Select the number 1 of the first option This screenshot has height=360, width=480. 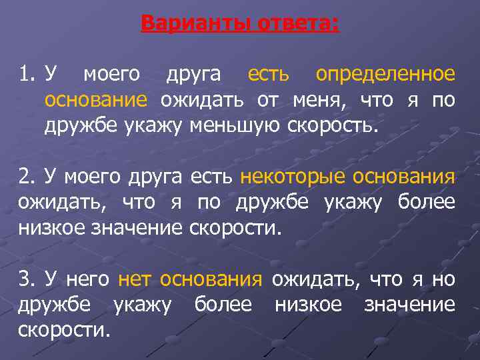pyautogui.click(x=24, y=74)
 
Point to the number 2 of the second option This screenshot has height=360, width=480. pyautogui.click(x=24, y=177)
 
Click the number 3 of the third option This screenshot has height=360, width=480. pyautogui.click(x=24, y=280)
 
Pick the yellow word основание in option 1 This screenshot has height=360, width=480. pyautogui.click(x=95, y=100)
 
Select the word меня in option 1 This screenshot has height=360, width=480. pyautogui.click(x=323, y=100)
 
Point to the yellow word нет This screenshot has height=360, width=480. pyautogui.click(x=134, y=280)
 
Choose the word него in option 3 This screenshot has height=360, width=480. pyautogui.click(x=86, y=280)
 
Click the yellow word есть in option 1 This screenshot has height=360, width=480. pyautogui.click(x=268, y=74)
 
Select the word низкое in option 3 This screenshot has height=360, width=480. pyautogui.click(x=308, y=305)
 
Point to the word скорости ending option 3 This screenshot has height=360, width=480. pyautogui.click(x=64, y=331)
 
